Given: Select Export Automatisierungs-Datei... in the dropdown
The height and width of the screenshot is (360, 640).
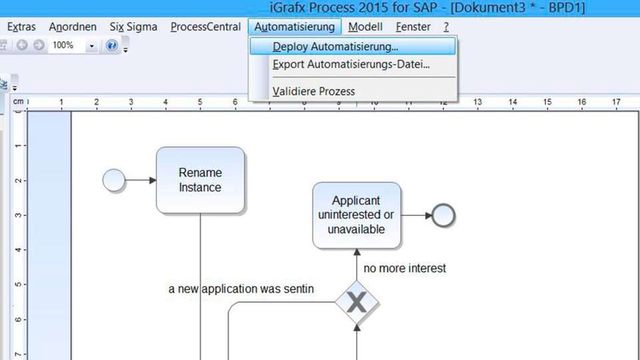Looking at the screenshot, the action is pos(351,65).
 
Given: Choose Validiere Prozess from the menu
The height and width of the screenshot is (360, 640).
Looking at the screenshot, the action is pos(313,91).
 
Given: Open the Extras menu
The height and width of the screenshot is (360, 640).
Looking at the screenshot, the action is pos(21,27).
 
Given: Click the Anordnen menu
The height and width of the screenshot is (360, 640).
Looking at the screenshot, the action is pos(73,27).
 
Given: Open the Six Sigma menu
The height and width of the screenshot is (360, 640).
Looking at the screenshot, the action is pos(133,27).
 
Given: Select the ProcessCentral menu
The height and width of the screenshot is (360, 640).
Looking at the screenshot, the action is pos(206,27).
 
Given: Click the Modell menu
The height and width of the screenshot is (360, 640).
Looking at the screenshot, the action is pos(365,27).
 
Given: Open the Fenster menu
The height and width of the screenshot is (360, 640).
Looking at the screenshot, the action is pos(413,27).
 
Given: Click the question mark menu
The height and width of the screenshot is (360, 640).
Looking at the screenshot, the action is pos(446,27).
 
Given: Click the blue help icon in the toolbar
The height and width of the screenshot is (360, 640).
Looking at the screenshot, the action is pos(111,45).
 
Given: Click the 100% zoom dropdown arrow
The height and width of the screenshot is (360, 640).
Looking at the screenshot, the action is pos(91,46).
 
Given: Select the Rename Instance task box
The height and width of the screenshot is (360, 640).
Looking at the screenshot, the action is pos(201,180).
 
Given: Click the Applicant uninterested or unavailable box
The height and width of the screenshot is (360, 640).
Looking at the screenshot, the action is pos(357,215).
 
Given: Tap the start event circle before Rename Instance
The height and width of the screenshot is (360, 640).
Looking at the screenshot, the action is pos(114,180).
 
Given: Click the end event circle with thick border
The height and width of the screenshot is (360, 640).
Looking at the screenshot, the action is pos(443,205).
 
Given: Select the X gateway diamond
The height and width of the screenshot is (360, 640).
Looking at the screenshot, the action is pos(357,303).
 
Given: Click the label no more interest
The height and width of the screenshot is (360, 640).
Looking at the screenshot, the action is pos(405,268).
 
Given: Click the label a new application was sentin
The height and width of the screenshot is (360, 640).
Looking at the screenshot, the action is pos(241,289).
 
